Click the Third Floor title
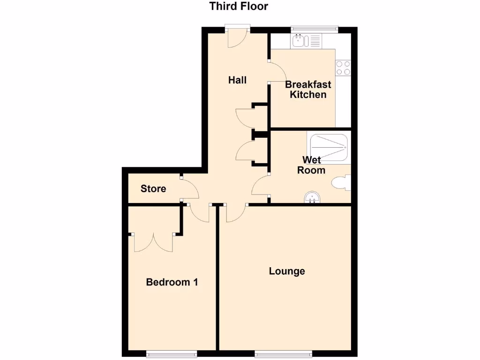point(239,7)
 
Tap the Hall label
point(237,80)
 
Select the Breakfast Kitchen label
point(308,90)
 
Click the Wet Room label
point(311,165)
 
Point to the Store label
point(153,189)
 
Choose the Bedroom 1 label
point(172,282)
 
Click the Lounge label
point(287,271)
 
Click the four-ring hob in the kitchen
point(343,68)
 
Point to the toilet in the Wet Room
point(341,183)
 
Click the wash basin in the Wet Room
point(312,197)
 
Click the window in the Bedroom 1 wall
point(171,353)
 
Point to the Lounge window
point(279,353)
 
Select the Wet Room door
point(261,187)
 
